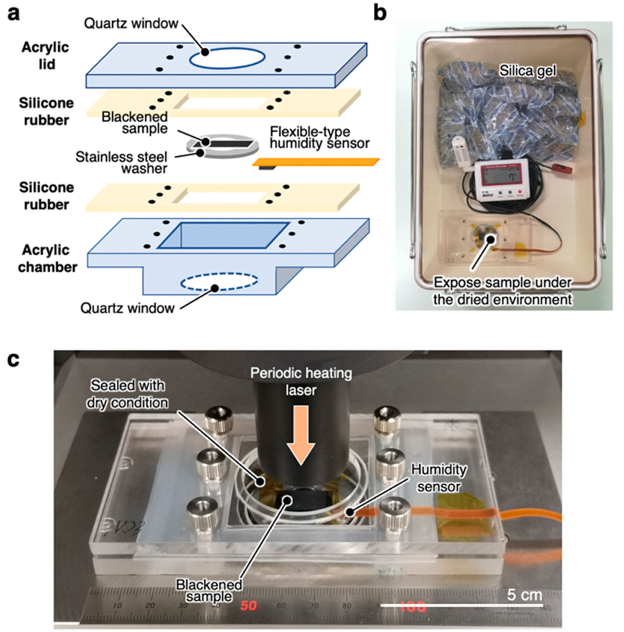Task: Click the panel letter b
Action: click(380, 13)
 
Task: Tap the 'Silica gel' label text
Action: click(527, 71)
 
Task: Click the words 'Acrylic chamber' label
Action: click(47, 258)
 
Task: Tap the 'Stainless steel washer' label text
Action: click(122, 162)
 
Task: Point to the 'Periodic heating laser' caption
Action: click(301, 382)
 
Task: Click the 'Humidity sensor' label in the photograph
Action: click(438, 478)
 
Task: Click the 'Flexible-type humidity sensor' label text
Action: click(319, 138)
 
